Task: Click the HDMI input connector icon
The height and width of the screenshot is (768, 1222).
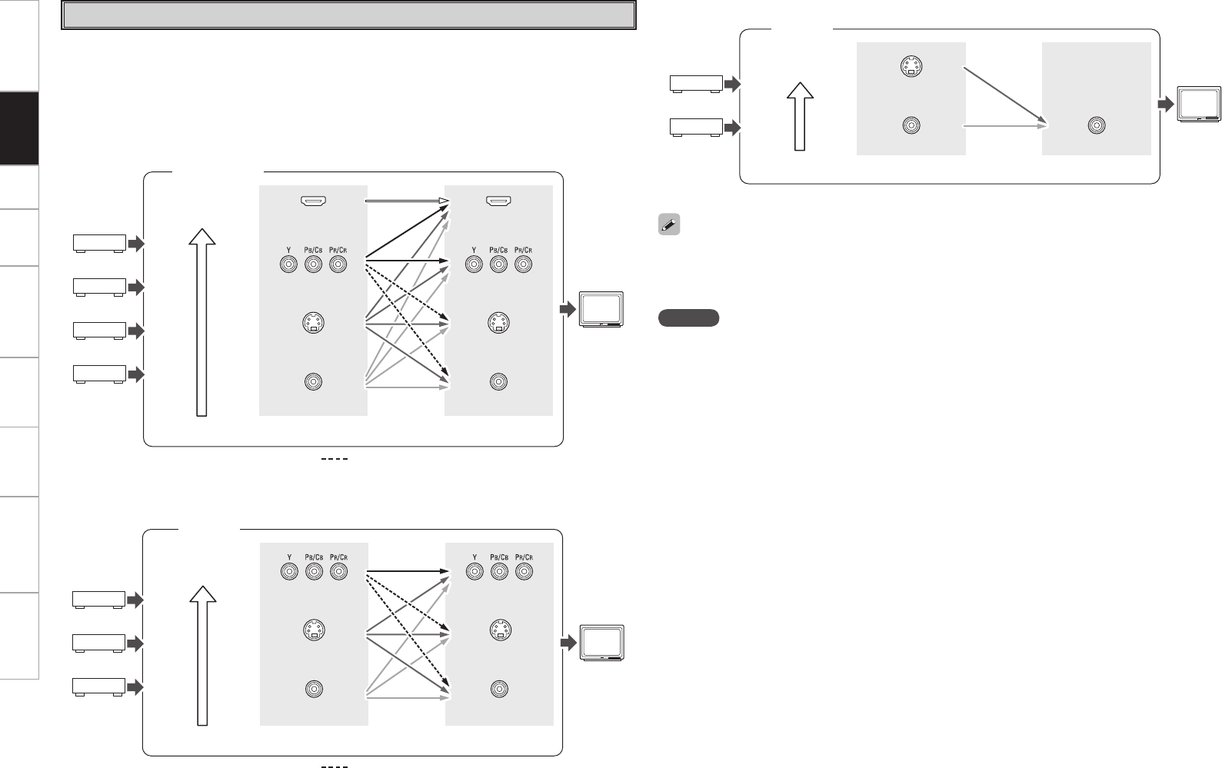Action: tap(313, 201)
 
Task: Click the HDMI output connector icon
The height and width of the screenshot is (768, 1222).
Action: tap(499, 201)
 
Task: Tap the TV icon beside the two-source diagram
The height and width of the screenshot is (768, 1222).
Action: tap(1197, 105)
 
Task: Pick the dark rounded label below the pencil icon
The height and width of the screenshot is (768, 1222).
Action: tap(688, 318)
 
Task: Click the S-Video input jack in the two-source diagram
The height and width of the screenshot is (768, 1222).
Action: tap(911, 69)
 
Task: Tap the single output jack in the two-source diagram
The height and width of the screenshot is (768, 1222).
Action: tap(1097, 126)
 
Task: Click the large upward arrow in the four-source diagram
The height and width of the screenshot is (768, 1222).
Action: tap(202, 323)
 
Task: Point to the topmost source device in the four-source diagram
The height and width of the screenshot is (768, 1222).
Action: tap(99, 244)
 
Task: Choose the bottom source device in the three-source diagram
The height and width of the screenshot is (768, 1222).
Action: tap(98, 686)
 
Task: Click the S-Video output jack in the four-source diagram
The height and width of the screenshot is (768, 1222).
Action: tap(499, 324)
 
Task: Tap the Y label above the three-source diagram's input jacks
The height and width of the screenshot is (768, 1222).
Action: tap(288, 557)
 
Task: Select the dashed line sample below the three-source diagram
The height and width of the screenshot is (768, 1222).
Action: tap(335, 766)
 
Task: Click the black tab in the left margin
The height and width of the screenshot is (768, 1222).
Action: tap(19, 128)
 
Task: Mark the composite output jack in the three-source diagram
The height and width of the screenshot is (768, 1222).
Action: tap(499, 689)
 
